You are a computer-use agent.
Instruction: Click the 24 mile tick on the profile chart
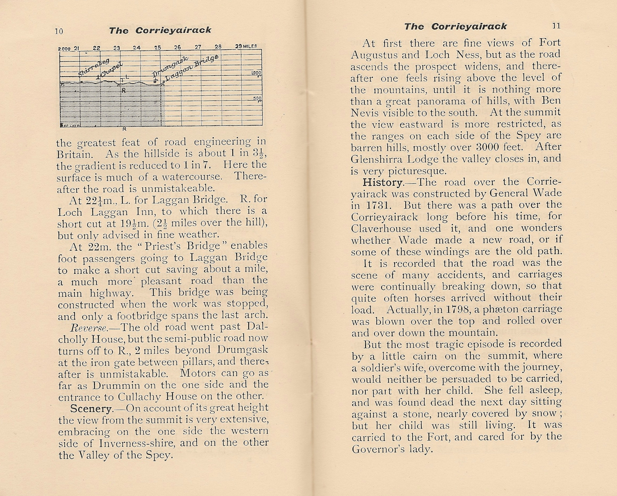point(137,48)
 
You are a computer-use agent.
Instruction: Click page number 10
point(59,31)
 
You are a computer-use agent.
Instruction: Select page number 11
point(556,26)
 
